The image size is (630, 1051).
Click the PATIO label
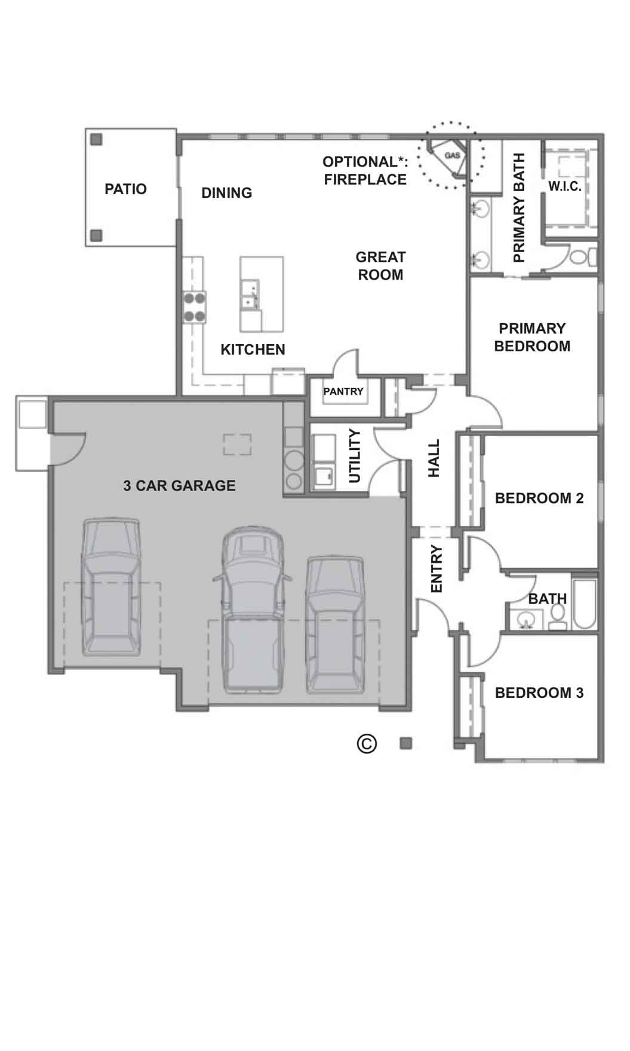125,189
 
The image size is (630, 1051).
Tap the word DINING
226,193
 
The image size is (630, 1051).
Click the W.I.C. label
564,186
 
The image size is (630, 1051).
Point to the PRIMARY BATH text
519,207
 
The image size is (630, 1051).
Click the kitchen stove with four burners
194,307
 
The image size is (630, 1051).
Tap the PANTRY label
343,391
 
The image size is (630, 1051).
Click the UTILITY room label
355,456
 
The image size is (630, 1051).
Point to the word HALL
434,458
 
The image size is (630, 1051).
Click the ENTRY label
437,569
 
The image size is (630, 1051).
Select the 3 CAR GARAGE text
179,486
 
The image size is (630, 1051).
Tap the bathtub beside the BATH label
585,603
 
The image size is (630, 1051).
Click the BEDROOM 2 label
539,498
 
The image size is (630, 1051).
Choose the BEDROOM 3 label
539,693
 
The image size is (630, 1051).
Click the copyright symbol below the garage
367,743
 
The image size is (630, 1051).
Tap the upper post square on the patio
96,140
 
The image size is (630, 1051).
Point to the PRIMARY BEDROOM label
532,338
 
